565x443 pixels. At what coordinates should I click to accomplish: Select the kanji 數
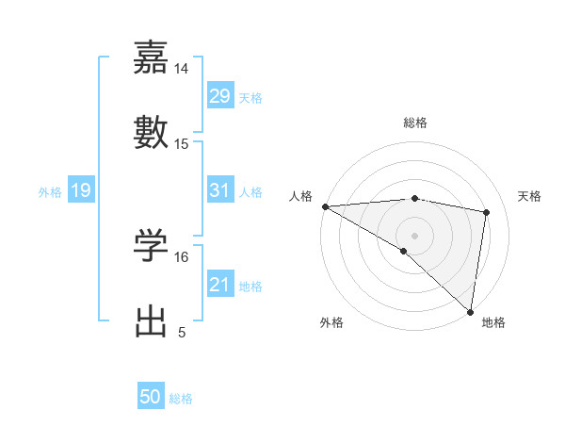click(x=151, y=131)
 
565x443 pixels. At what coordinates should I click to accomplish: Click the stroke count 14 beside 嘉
click(x=182, y=69)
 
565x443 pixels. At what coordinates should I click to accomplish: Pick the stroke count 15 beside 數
click(x=182, y=144)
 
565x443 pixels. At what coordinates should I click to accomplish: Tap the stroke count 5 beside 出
click(x=182, y=333)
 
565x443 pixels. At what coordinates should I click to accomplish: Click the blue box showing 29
click(x=219, y=96)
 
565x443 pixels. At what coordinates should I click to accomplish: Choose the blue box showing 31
click(x=219, y=190)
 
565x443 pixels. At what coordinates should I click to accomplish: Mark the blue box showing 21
click(x=219, y=285)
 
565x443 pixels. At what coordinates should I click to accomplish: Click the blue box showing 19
click(x=80, y=190)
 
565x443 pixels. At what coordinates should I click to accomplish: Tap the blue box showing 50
click(x=151, y=397)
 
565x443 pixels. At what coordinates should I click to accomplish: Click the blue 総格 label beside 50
click(x=181, y=399)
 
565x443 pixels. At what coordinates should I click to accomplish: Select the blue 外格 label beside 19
click(x=50, y=192)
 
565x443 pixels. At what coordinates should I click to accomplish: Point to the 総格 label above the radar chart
click(x=415, y=123)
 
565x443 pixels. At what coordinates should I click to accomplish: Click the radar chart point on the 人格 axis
click(x=325, y=206)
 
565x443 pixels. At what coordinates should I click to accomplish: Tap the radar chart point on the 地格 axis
click(x=471, y=311)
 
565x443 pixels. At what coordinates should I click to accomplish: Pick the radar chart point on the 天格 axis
click(x=487, y=212)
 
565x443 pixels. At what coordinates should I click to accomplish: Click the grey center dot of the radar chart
click(x=415, y=235)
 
